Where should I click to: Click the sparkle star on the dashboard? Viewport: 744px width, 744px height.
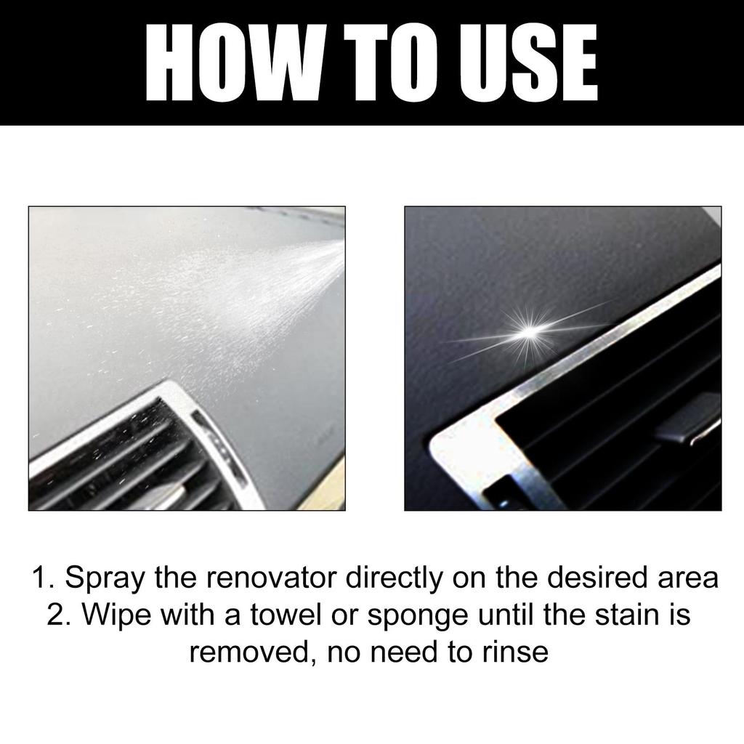point(528,331)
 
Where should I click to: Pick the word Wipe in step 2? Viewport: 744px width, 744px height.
point(116,615)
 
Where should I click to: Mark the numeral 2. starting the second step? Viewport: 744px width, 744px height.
point(59,615)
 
